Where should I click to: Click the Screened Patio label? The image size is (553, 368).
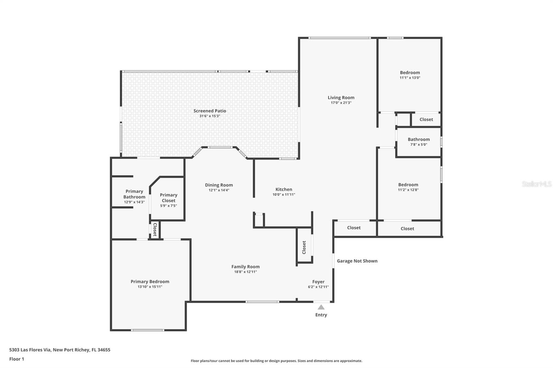pos(210,111)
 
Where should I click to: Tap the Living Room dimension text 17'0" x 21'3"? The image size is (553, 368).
pos(341,103)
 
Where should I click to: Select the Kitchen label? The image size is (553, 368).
pos(284,189)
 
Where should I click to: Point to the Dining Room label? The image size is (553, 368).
pos(219,185)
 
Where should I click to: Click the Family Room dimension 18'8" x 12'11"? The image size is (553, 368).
pos(245,272)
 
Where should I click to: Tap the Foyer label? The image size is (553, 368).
pos(318,282)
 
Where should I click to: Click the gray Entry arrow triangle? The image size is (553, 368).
pos(321,307)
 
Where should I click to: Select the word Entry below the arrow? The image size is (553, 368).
pos(321,315)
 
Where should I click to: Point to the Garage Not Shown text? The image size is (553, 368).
pos(357,261)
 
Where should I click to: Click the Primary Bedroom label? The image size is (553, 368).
pos(150,282)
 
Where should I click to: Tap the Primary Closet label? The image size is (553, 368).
pos(169,197)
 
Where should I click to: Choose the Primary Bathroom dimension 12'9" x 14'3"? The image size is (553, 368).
pos(134,202)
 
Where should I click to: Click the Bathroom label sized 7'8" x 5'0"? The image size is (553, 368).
pos(419,139)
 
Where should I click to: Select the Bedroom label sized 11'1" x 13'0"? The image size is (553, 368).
pos(410,72)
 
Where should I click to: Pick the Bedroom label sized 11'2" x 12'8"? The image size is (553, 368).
pos(408,185)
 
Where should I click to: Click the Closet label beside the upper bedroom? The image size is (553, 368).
pos(426,119)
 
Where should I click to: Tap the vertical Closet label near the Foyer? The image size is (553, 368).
pos(304,247)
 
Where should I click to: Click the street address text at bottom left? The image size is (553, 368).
pos(60,350)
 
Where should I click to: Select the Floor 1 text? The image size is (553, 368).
pos(17,359)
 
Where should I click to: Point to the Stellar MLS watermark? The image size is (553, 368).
pos(536,184)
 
